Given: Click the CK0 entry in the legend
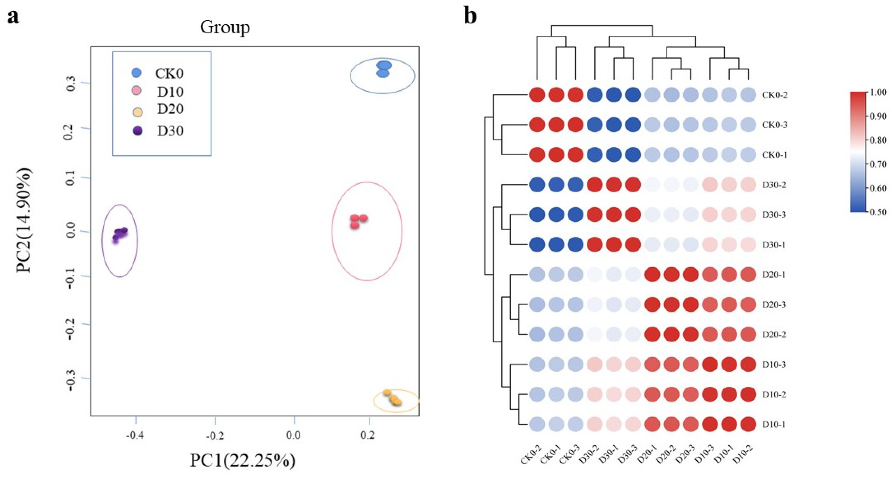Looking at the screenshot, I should [x=169, y=74].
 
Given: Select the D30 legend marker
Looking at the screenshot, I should [x=138, y=131].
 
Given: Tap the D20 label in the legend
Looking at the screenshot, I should [x=170, y=109].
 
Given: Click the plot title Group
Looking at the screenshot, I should [x=225, y=27].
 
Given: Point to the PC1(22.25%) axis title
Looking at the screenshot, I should [x=243, y=460].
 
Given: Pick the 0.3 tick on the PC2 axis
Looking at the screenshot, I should [x=71, y=83].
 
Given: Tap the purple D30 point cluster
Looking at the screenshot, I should [x=119, y=234].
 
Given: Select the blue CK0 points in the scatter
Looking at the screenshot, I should [x=383, y=69].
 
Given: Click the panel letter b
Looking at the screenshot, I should [x=470, y=16].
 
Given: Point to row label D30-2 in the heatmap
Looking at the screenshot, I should [x=774, y=185].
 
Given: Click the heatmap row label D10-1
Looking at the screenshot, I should [x=774, y=424].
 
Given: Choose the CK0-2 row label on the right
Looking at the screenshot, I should [x=774, y=95].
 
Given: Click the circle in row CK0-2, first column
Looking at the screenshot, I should [x=537, y=94].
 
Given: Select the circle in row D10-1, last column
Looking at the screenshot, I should [x=748, y=424].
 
